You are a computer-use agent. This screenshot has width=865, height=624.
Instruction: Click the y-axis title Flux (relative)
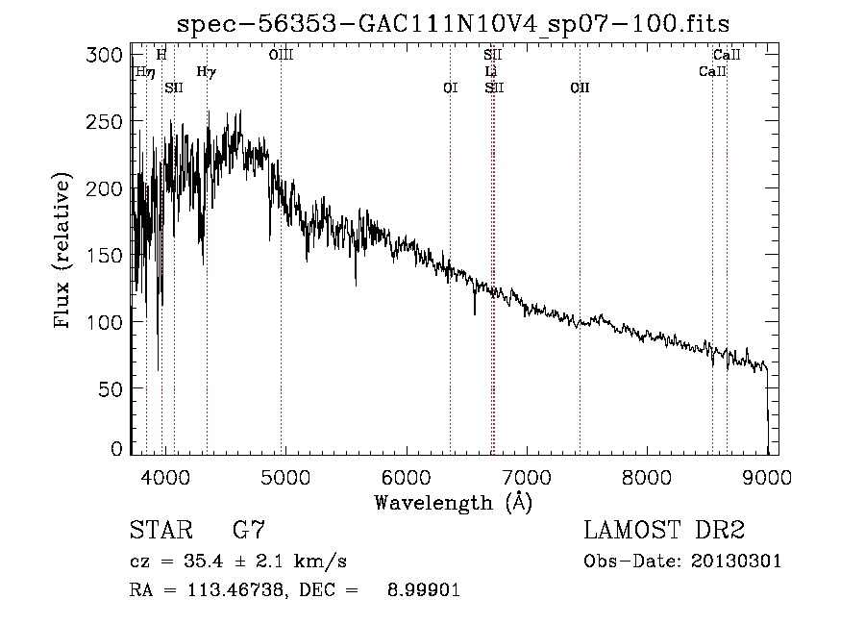coord(64,252)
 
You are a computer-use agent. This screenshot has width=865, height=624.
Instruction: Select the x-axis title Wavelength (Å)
coord(453,501)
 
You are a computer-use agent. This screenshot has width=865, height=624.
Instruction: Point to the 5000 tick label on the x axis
coord(284,476)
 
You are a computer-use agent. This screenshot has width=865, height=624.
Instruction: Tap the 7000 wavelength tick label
coord(526,476)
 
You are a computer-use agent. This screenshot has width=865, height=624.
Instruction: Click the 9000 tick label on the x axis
coord(766,476)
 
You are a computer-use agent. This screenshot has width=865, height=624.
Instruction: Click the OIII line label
coord(281,56)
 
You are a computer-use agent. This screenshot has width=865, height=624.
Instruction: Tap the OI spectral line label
coord(450,88)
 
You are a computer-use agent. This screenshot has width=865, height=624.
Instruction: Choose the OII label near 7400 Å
coord(580,88)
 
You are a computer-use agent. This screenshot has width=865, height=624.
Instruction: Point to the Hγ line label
coord(206,72)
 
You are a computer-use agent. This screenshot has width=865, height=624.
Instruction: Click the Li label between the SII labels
coord(490,72)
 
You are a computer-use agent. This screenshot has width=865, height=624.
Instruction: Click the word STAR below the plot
coord(160,530)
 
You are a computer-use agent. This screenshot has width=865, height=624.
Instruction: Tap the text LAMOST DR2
coord(664,530)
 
